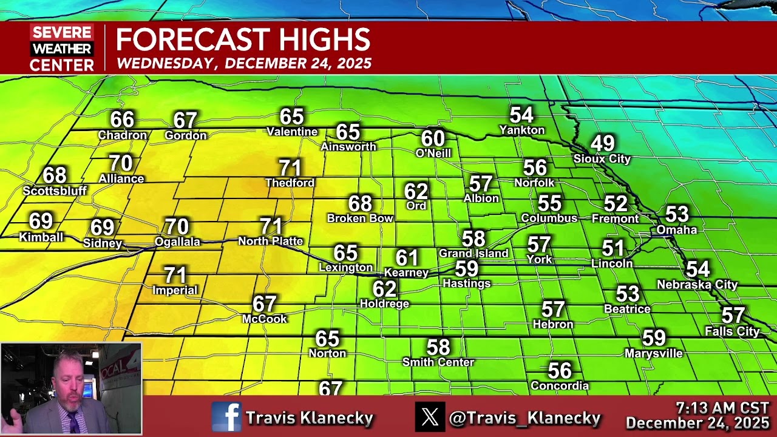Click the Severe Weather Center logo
click(x=62, y=48)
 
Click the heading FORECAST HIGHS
click(x=243, y=40)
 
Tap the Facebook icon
click(x=226, y=417)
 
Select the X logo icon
click(x=430, y=417)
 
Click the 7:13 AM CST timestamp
click(x=722, y=408)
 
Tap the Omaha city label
click(x=676, y=230)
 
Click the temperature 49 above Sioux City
click(x=602, y=144)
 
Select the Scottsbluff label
click(x=55, y=191)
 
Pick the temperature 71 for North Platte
click(x=271, y=226)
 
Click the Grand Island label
click(x=473, y=253)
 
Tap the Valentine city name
click(x=292, y=132)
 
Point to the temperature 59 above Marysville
click(x=654, y=338)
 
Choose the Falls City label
click(x=732, y=331)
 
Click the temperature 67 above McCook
click(x=265, y=303)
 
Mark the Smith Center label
click(x=438, y=362)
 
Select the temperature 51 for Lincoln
click(x=612, y=248)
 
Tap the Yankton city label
click(x=521, y=130)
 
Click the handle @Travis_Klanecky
click(x=524, y=418)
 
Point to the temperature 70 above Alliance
click(x=121, y=163)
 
